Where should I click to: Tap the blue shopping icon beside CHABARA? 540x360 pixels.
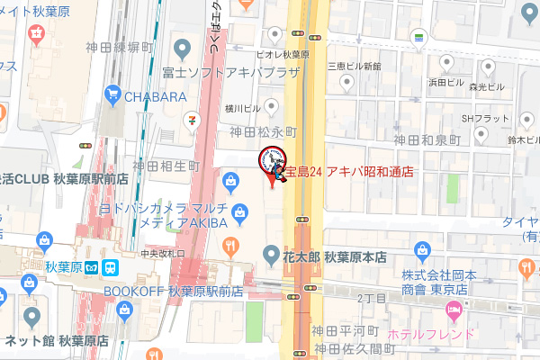[x=112, y=93]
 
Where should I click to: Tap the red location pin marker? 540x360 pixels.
[x=273, y=176]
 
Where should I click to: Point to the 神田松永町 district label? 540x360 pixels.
[x=263, y=131]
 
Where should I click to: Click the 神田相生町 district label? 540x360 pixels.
[x=166, y=166]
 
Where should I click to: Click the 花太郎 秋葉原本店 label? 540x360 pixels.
[x=337, y=256]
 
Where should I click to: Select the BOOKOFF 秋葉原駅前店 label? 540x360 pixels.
[x=174, y=291]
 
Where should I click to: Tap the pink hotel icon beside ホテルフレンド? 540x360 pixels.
[x=454, y=312]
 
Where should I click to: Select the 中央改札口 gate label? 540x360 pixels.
[x=162, y=253]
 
